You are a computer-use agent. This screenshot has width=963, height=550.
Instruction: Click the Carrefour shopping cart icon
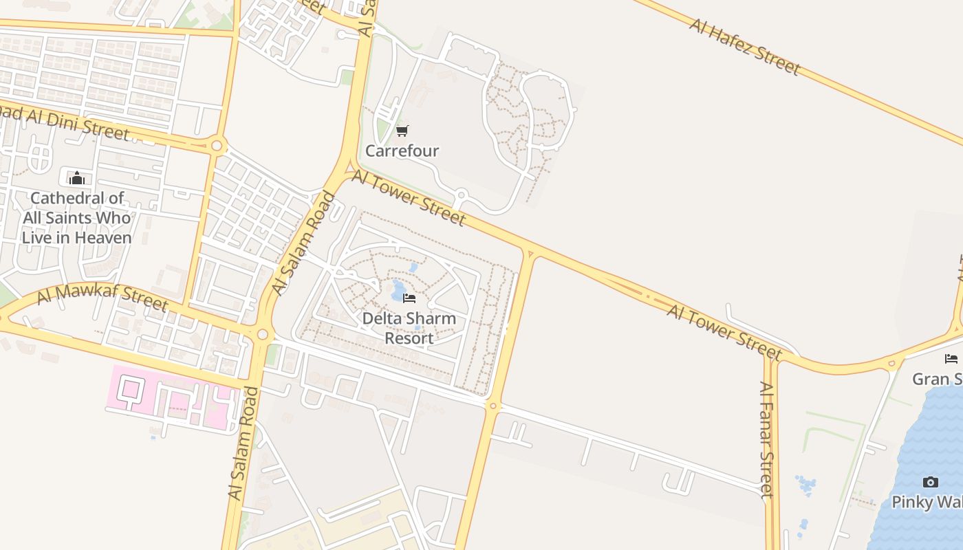click(x=402, y=131)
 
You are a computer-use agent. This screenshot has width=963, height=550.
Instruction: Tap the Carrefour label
click(x=402, y=151)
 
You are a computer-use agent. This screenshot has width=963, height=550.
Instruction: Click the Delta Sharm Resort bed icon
click(x=409, y=298)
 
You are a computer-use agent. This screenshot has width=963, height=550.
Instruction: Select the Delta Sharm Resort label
click(x=409, y=328)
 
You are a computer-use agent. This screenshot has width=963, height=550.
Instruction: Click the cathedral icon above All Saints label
click(x=77, y=178)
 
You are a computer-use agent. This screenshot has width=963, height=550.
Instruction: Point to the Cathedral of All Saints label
click(x=76, y=218)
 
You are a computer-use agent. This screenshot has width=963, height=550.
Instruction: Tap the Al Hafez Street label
click(x=744, y=47)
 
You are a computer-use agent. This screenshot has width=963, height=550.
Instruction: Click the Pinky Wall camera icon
click(x=930, y=482)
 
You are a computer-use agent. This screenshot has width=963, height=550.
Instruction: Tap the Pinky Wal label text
click(x=927, y=502)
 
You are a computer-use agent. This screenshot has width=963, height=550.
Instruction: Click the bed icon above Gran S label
click(x=951, y=358)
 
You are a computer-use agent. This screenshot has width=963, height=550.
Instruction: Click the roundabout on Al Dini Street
click(x=218, y=146)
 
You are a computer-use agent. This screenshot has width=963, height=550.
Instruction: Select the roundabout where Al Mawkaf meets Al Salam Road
click(x=261, y=335)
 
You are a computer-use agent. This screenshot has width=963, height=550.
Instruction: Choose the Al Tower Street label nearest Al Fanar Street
click(x=724, y=331)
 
